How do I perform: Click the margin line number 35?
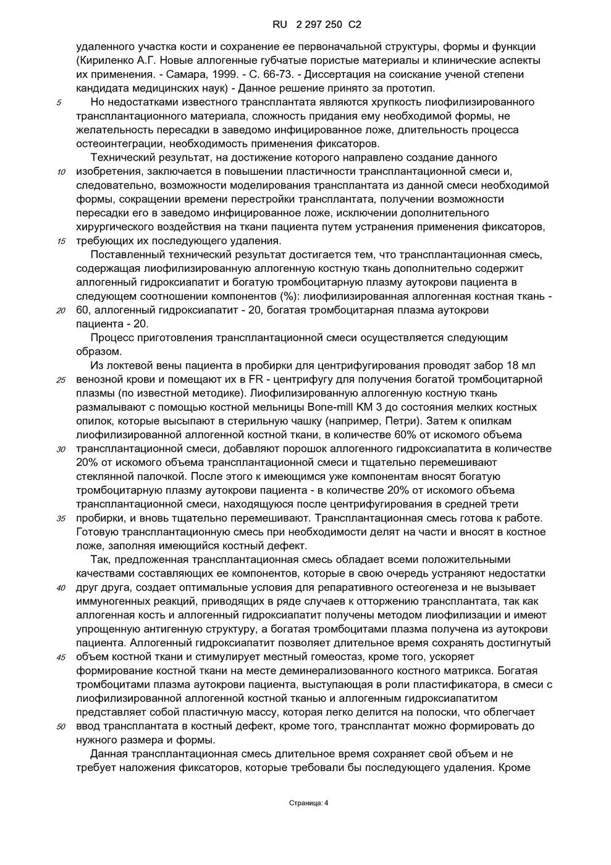click(61, 519)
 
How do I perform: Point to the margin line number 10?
click(61, 172)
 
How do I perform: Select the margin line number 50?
click(61, 727)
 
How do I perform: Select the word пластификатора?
click(459, 685)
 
